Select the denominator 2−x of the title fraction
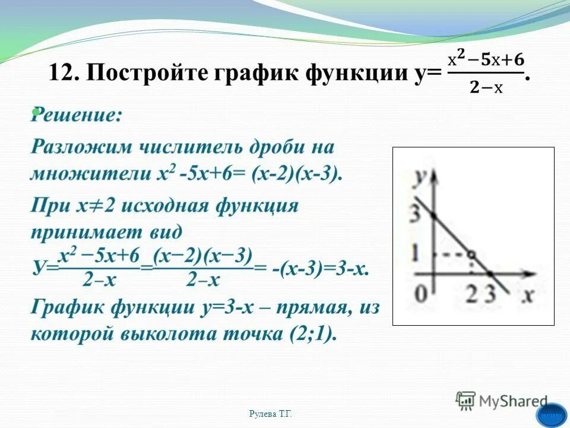[x=486, y=88]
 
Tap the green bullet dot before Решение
[x=36, y=111]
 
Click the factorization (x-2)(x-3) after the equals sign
[x=297, y=174]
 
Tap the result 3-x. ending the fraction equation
[x=350, y=269]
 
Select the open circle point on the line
[x=471, y=254]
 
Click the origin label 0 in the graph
[x=420, y=293]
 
